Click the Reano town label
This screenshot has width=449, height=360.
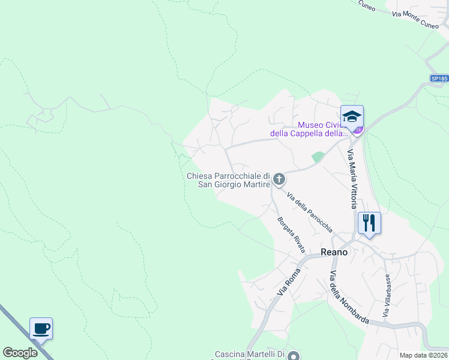pyautogui.click(x=334, y=253)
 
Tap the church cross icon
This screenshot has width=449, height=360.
pyautogui.click(x=279, y=179)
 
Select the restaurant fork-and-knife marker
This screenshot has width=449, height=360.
pyautogui.click(x=369, y=223)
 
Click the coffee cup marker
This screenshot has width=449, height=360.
pyautogui.click(x=41, y=329)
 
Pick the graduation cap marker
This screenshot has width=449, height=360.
pyautogui.click(x=352, y=116)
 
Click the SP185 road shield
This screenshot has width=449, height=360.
pyautogui.click(x=439, y=79)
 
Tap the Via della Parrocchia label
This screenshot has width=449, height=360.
pyautogui.click(x=309, y=212)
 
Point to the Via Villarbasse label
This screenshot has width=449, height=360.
pyautogui.click(x=387, y=296)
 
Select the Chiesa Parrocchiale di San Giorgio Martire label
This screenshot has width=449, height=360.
pyautogui.click(x=228, y=180)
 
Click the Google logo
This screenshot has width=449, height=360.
pyautogui.click(x=20, y=353)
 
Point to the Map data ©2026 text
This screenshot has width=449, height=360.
pyautogui.click(x=423, y=355)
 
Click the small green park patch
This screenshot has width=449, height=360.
pyautogui.click(x=318, y=157)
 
